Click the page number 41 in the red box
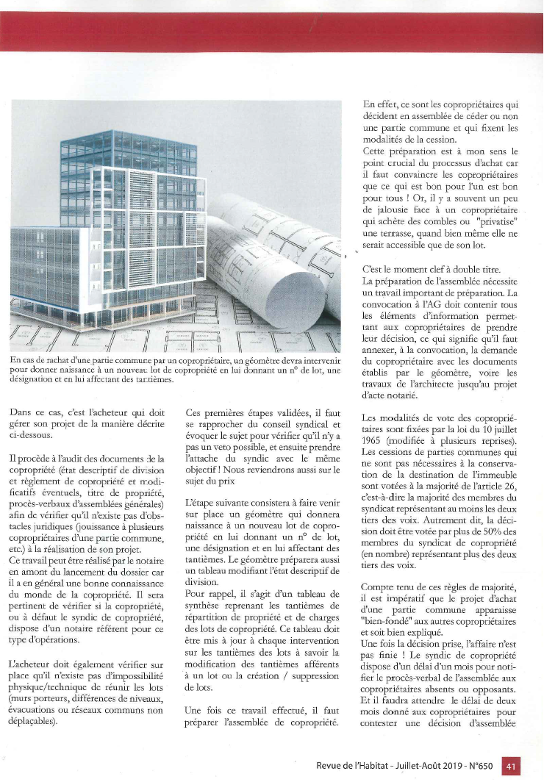point(511,766)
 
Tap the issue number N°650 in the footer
point(478,766)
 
